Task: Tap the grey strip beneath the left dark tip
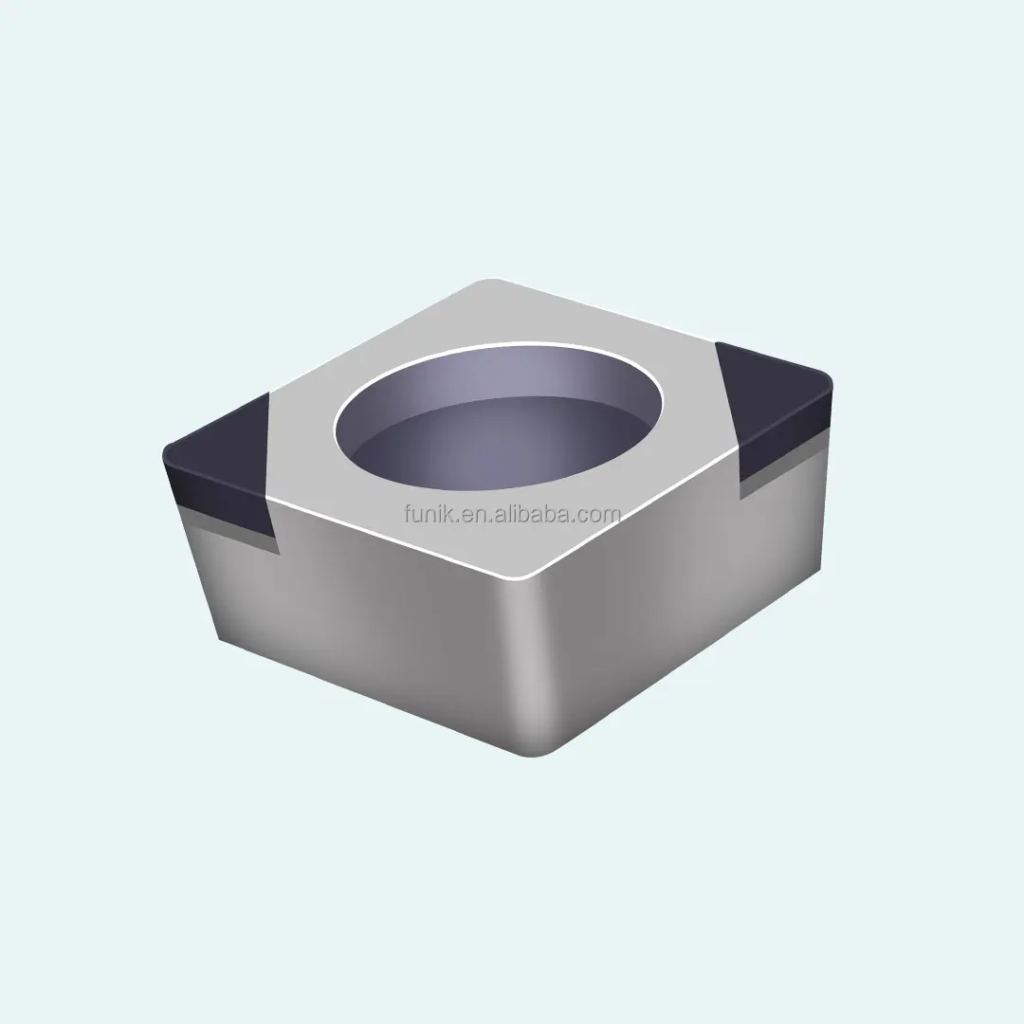coord(228,527)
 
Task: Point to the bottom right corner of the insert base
coord(817,569)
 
